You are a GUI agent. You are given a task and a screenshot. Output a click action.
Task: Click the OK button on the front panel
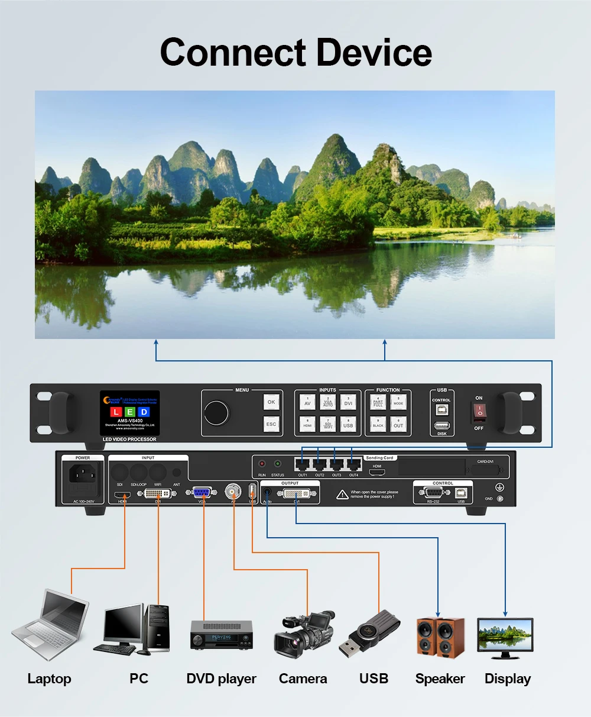tap(271, 402)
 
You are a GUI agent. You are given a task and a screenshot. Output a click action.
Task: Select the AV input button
tap(307, 402)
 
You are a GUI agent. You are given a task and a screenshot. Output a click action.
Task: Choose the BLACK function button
tap(378, 424)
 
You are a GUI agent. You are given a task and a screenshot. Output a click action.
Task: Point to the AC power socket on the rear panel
tap(82, 473)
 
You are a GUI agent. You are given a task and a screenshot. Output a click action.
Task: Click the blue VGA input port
tap(202, 492)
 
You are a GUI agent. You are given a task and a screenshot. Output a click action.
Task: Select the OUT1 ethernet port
tap(303, 464)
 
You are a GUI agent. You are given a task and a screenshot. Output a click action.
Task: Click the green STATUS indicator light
tap(278, 464)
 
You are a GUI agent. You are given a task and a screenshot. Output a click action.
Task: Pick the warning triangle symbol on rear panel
tap(342, 494)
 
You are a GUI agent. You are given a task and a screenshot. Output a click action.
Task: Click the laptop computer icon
tap(50, 624)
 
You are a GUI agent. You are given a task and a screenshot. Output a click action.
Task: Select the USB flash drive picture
tap(369, 634)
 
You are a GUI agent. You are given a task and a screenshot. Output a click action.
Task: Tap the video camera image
tap(304, 633)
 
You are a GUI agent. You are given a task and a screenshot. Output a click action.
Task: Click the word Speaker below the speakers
tap(440, 679)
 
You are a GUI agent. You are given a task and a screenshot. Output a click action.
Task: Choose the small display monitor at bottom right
tap(505, 637)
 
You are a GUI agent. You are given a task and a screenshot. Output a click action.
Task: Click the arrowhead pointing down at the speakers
tap(438, 613)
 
